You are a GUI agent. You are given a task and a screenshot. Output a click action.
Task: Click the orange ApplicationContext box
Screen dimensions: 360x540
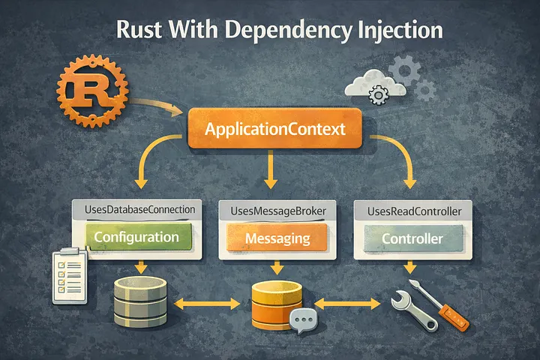pos(275,129)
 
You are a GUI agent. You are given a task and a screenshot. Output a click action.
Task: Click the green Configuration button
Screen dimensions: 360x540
pos(136,238)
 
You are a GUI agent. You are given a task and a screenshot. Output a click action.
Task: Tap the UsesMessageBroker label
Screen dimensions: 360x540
pos(274,211)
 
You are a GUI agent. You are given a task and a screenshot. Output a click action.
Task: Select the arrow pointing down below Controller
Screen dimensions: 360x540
pos(409,268)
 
